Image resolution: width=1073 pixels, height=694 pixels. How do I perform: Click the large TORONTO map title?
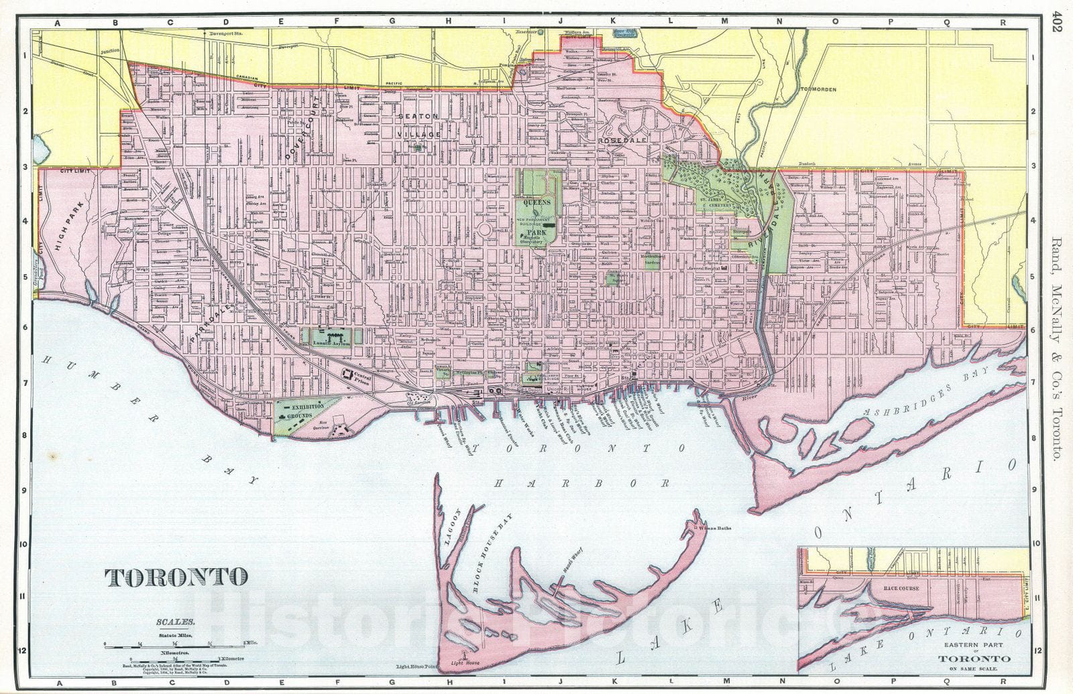pyautogui.click(x=176, y=576)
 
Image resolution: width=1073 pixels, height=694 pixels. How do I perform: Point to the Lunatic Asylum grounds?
pyautogui.click(x=331, y=336)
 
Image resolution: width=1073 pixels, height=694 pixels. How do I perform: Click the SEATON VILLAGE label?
pyautogui.click(x=419, y=125)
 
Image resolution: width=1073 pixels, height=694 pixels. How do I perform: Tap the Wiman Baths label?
pyautogui.click(x=714, y=529)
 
